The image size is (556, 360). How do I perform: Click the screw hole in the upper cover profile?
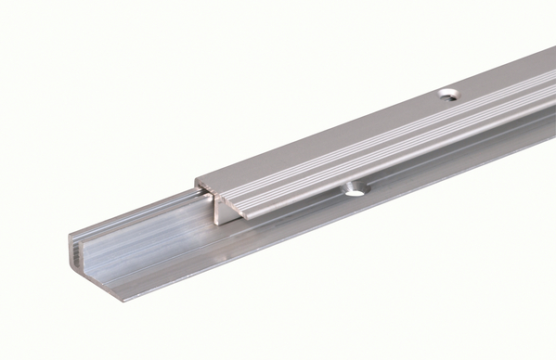[447, 94]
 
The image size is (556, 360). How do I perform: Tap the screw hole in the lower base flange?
[354, 192]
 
